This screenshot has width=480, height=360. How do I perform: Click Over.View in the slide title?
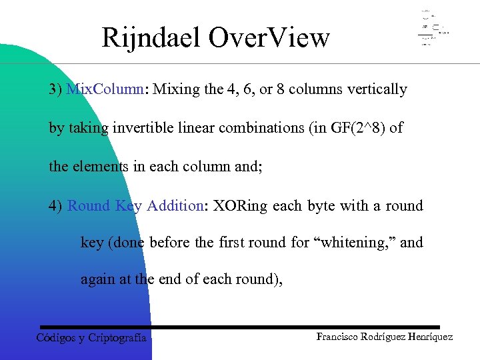pyautogui.click(x=269, y=38)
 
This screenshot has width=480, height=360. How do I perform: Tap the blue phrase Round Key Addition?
pyautogui.click(x=135, y=206)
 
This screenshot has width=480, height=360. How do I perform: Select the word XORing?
pyautogui.click(x=241, y=206)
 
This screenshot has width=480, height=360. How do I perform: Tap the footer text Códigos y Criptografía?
pyautogui.click(x=91, y=337)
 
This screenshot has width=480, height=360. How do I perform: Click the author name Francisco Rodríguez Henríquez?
pyautogui.click(x=385, y=337)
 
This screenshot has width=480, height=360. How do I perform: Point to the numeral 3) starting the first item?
pyautogui.click(x=55, y=89)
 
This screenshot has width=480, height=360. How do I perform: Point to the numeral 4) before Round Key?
pyautogui.click(x=55, y=206)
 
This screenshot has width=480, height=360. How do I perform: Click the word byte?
pyautogui.click(x=322, y=206)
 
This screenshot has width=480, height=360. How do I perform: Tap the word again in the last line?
pyautogui.click(x=97, y=280)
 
